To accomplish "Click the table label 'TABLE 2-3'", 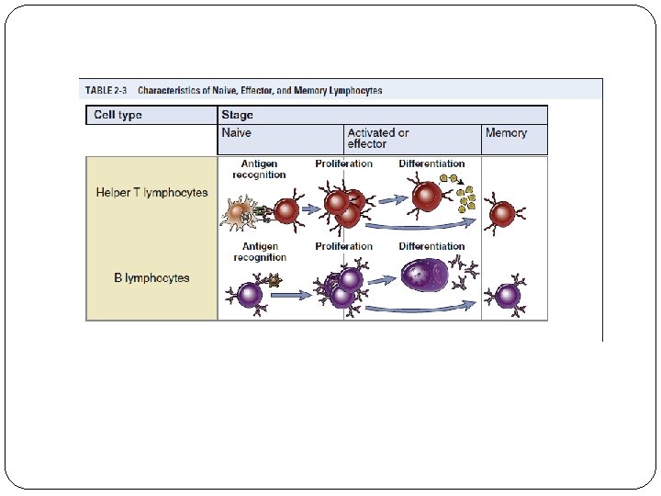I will coord(106,91).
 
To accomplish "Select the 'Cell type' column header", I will coord(118,116).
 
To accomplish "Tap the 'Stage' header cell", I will coord(237,116).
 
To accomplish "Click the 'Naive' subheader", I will coord(236,133).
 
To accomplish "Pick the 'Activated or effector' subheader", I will coord(378,139).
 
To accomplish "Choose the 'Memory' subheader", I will coord(506,133).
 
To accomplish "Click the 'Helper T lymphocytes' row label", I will coord(151,193).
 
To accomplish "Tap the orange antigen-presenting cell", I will coord(240,213).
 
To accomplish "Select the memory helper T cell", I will coord(502,214).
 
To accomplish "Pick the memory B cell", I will coord(507,296).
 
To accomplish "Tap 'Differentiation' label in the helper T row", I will coord(431,164).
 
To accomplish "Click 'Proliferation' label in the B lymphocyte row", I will coord(343,246).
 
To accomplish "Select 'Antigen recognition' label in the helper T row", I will coord(259,169).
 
